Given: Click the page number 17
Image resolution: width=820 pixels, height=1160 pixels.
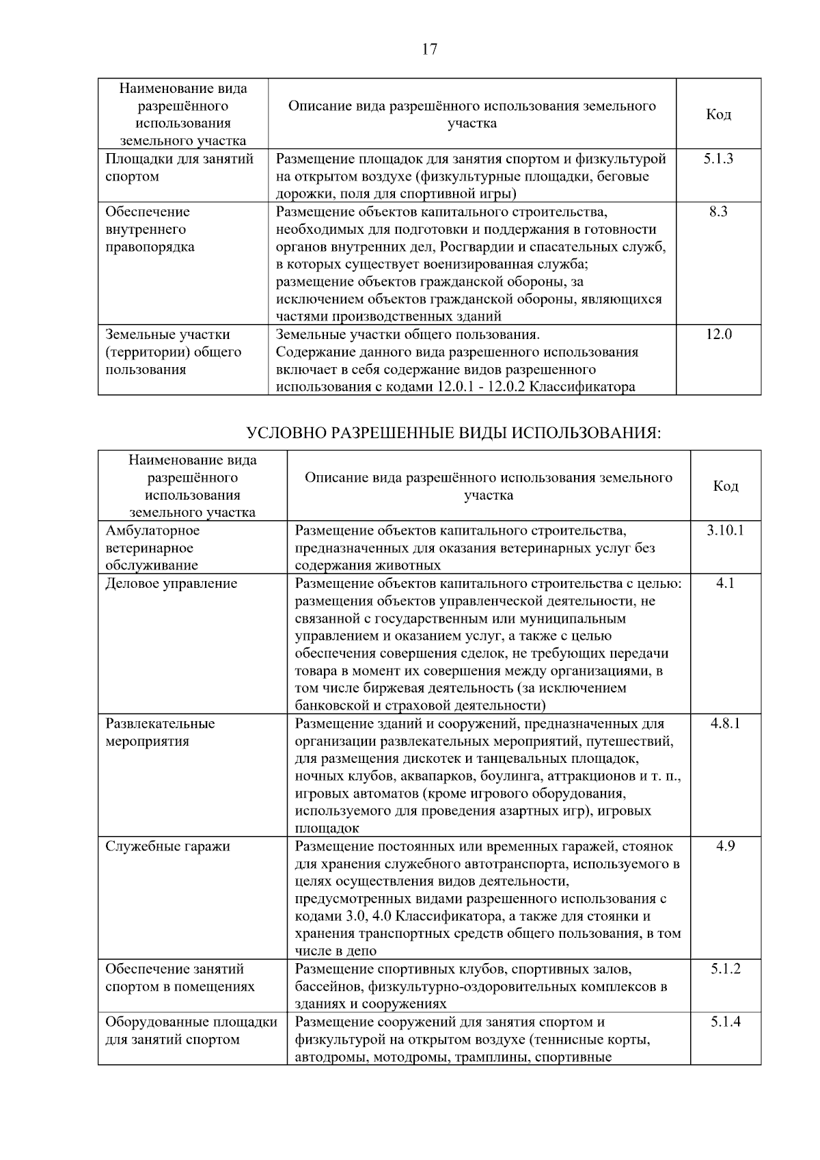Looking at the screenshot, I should pos(429,49).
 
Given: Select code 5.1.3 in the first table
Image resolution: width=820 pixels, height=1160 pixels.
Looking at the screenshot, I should pos(718,159).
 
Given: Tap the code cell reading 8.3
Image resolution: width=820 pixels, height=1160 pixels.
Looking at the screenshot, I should pos(718,212).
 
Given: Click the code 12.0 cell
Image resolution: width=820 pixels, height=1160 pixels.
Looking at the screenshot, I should pos(718,334).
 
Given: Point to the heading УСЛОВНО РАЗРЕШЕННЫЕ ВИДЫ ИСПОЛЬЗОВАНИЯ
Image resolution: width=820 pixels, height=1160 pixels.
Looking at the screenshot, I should pos(454,433).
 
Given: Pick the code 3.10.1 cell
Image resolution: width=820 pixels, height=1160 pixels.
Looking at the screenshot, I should pos(725,530).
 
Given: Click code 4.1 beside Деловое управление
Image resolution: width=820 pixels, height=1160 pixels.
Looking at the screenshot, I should pos(725,583).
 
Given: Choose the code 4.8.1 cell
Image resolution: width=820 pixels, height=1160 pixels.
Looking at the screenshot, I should pos(725,723).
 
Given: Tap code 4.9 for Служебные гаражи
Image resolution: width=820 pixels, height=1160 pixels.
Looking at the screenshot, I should pos(725,846).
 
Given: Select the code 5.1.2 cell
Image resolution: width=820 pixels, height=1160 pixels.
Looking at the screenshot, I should pos(725,969).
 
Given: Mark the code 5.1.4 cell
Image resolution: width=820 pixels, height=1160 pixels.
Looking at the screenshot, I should pos(725,1022).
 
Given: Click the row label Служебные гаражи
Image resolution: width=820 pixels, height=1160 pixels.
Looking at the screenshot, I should pos(167,846).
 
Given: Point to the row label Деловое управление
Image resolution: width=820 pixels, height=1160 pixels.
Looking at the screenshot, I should pos(172,583).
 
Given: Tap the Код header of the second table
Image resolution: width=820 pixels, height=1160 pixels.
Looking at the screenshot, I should pos(725,486).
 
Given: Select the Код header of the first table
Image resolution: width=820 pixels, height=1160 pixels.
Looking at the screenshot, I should pos(718,114).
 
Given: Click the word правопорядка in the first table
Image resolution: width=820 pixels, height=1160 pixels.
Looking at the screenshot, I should pos(150,247).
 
